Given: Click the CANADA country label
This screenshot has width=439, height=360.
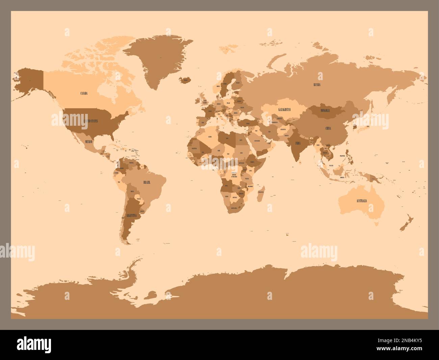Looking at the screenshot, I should tap(84, 93).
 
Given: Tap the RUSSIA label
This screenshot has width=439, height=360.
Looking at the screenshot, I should tap(317, 85).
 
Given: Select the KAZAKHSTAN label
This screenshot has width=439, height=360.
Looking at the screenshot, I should tap(284, 110).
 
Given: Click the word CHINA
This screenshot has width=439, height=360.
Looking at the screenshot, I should tap(328, 128).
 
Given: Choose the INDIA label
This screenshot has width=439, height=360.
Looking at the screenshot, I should tap(298, 143).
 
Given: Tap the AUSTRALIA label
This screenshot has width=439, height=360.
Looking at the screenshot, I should tap(361, 201).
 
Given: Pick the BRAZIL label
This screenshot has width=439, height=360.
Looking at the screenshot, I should tap(147, 182).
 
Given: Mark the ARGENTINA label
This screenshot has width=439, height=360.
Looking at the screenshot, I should tap(131, 215).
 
